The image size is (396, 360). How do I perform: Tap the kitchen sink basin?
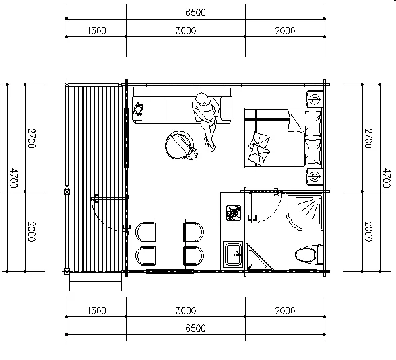(x=233, y=254)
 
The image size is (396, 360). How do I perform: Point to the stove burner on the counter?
(x=233, y=213)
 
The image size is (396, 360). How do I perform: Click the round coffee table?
(x=180, y=145)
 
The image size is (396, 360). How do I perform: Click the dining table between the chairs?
(x=170, y=244)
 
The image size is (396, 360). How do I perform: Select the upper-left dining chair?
(x=145, y=232)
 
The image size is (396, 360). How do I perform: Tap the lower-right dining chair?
(x=194, y=255)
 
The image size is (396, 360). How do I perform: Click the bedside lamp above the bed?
(x=315, y=99)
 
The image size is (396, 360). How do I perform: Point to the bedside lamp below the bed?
(x=315, y=176)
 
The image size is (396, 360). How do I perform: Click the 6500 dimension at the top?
(x=195, y=13)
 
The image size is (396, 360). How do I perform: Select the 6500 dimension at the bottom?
(x=195, y=328)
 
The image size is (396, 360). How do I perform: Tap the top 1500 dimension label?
(x=96, y=30)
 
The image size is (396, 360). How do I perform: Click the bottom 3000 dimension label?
(x=186, y=310)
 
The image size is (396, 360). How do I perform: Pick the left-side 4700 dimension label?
(x=13, y=178)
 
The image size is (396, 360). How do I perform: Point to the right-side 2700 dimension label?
(x=369, y=138)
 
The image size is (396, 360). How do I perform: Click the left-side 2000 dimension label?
(x=31, y=231)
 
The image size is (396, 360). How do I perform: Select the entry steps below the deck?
(x=96, y=281)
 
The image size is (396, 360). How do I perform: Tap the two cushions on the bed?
(x=259, y=149)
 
